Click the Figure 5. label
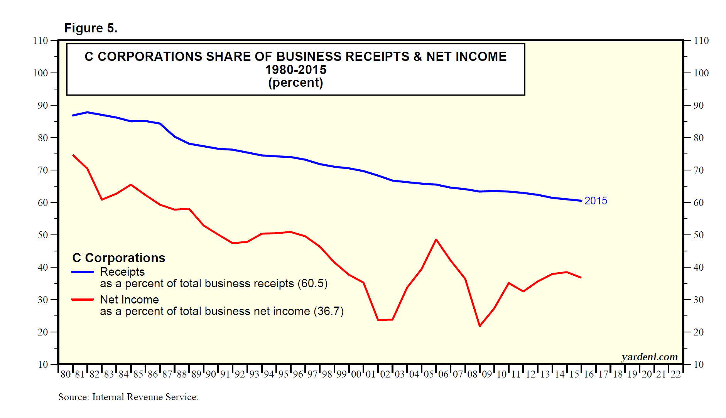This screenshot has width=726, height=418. coord(91,28)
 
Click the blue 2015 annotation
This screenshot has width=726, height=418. coord(596,201)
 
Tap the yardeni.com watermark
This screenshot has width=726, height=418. coord(649,357)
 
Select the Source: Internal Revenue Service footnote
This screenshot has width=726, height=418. coord(128,397)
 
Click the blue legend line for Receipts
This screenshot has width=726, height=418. coord(83,272)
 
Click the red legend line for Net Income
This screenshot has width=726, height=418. coord(83,300)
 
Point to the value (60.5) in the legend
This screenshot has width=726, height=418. coord(312,284)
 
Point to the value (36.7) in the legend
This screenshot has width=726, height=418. coord(329,312)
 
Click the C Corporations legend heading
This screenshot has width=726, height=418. coord(119,258)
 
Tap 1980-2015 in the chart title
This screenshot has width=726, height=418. coord(295,70)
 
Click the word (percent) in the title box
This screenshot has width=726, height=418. coord(295,83)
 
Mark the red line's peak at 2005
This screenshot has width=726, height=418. coord(436,240)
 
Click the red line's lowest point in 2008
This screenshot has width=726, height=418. coord(479,326)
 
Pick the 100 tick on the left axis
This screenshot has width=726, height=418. coord(41,73)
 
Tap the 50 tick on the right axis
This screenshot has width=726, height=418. coord(698,235)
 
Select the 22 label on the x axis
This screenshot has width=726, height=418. coord(675,374)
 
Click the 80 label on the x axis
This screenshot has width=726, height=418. coord(66,374)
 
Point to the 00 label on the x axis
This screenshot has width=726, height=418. coord(356,374)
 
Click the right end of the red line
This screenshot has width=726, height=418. coord(581,278)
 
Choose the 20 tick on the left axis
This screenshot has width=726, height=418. coord(43,332)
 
